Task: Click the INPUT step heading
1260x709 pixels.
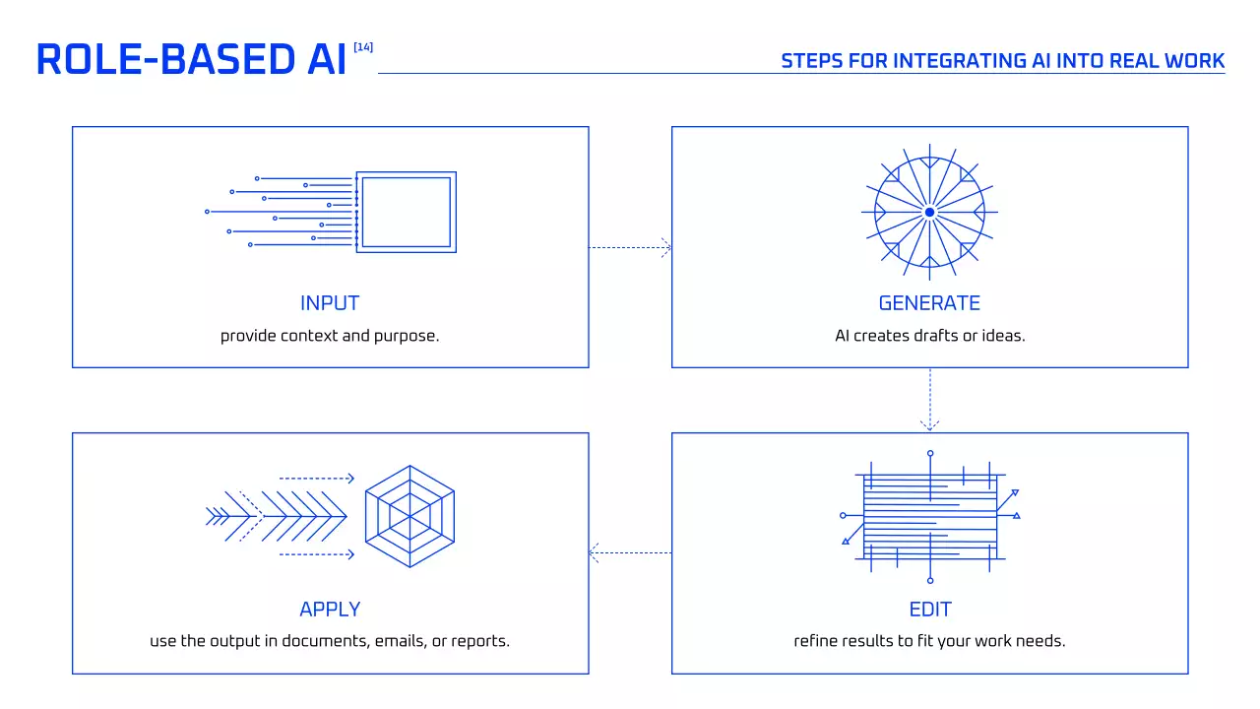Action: pos(330,303)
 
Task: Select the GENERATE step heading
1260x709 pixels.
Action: pos(929,303)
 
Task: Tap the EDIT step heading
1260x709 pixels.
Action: pos(929,610)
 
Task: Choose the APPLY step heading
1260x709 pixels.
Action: pos(330,610)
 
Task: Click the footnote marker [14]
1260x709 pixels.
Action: pos(362,47)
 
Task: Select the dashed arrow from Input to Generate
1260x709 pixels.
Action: pos(630,248)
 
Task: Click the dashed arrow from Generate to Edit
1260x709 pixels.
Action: pos(929,400)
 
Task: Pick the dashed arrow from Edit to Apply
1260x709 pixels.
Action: pos(630,553)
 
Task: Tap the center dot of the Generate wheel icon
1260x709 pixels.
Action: pos(929,212)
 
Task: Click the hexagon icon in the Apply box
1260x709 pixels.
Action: pos(409,515)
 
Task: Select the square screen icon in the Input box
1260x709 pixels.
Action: pos(406,212)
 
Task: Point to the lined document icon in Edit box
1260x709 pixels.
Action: pos(929,517)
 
